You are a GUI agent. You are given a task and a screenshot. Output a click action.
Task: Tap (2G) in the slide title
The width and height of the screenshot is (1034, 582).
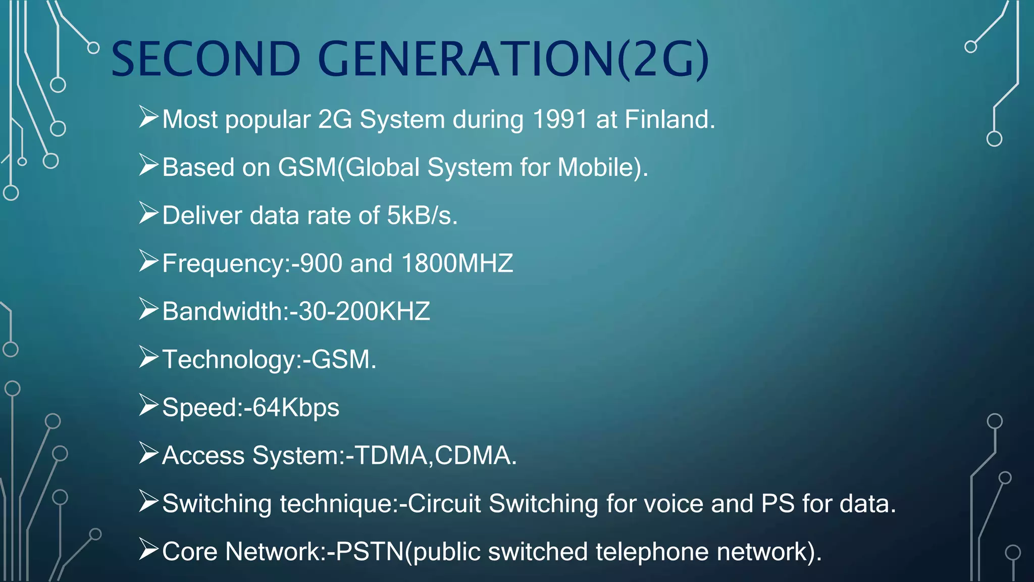click(663, 60)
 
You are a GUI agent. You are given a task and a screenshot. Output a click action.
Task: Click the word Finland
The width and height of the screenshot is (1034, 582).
click(669, 120)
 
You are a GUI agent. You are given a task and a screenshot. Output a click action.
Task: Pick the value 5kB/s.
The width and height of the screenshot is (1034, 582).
click(422, 216)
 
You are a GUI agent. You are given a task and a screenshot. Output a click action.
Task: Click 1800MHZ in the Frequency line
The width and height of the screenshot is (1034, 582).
click(457, 264)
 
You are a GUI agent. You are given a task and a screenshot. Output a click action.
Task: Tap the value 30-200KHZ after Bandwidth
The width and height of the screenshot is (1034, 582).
click(364, 311)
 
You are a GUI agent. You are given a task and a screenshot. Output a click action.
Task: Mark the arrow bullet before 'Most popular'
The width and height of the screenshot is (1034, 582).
click(149, 117)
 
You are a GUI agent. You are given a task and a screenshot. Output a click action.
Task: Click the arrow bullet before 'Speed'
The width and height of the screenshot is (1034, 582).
click(149, 405)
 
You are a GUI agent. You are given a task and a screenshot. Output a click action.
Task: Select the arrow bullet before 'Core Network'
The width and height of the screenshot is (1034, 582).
click(149, 549)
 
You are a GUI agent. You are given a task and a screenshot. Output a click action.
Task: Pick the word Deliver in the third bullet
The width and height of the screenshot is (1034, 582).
click(202, 216)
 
